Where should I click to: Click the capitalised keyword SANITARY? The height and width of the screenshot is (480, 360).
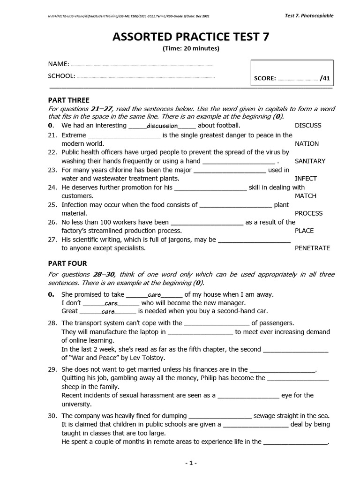tap(310, 161)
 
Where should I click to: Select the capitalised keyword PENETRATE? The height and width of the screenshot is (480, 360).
tap(312, 248)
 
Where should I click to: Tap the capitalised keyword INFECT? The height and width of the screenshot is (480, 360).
tap(306, 179)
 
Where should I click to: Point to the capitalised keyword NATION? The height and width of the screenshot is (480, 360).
tap(307, 144)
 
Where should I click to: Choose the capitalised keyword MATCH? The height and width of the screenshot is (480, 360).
tap(305, 196)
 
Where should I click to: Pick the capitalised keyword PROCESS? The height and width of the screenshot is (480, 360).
tap(308, 213)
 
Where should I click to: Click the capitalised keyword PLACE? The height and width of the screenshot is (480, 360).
tap(304, 231)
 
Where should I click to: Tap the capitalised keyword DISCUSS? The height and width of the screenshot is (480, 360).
tap(308, 126)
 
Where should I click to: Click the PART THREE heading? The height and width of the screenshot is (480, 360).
tap(69, 100)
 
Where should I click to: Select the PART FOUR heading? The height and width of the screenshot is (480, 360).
tap(67, 263)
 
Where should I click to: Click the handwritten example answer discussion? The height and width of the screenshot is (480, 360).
tap(162, 126)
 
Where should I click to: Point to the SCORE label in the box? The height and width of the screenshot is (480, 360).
tap(264, 79)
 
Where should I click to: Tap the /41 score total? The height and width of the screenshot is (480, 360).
tap(325, 79)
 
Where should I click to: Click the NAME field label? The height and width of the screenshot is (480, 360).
tap(59, 64)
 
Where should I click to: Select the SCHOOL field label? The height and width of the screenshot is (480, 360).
tap(61, 76)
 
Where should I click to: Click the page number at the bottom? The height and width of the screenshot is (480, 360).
tap(191, 463)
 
